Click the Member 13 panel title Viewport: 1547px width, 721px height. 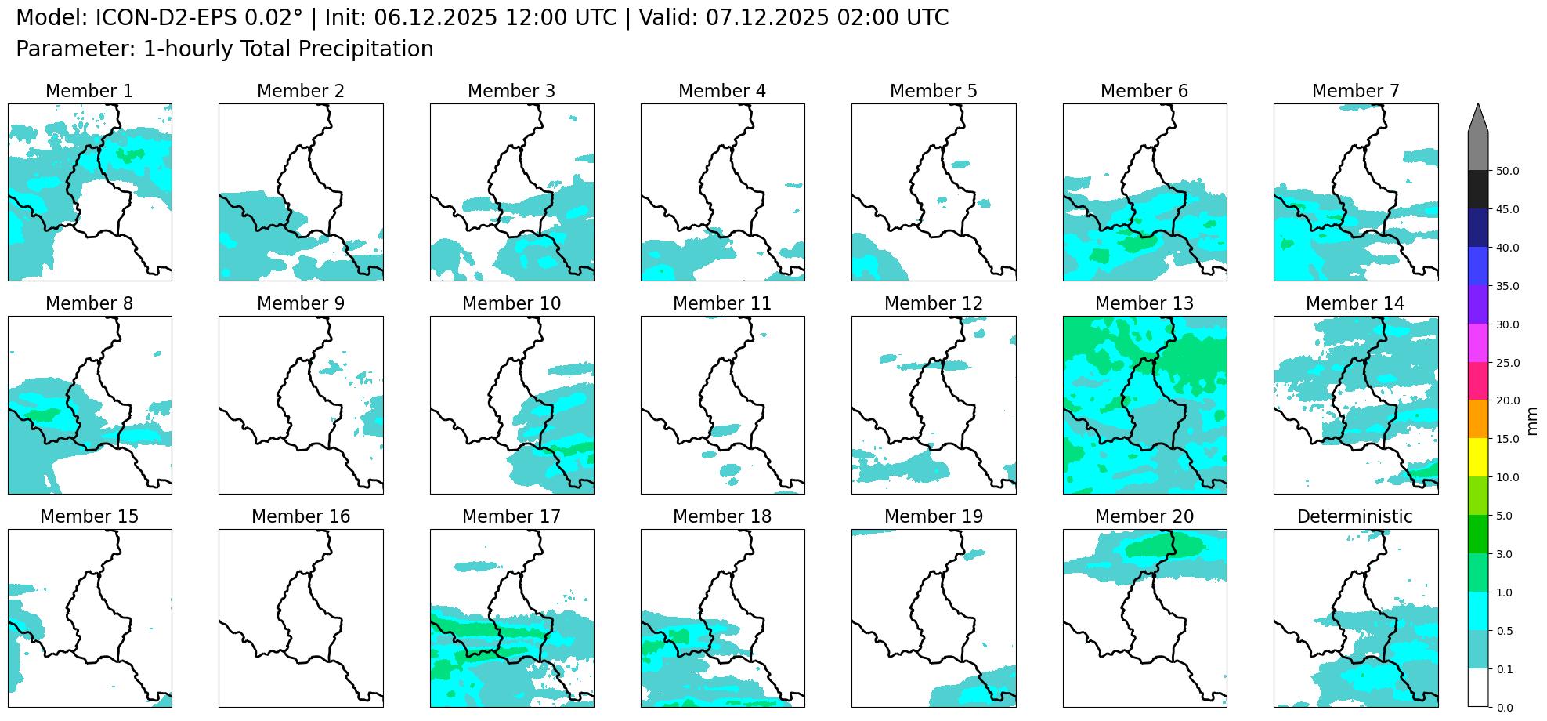click(x=1144, y=303)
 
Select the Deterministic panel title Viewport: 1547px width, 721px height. click(x=1354, y=516)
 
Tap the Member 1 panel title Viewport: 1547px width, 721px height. click(x=89, y=91)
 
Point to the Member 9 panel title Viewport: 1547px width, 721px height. click(x=300, y=303)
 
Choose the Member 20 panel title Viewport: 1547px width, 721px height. click(x=1144, y=516)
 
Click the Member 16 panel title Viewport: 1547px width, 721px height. click(x=300, y=516)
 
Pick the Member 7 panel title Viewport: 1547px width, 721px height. click(x=1355, y=91)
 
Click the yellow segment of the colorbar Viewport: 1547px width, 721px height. click(x=1478, y=458)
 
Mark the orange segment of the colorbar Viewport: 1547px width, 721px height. click(x=1478, y=419)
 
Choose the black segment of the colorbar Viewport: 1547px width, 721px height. click(x=1478, y=190)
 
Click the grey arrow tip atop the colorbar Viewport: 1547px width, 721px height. click(x=1478, y=119)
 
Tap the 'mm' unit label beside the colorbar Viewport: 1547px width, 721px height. click(x=1532, y=420)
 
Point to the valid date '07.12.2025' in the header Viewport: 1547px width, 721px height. click(x=767, y=18)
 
